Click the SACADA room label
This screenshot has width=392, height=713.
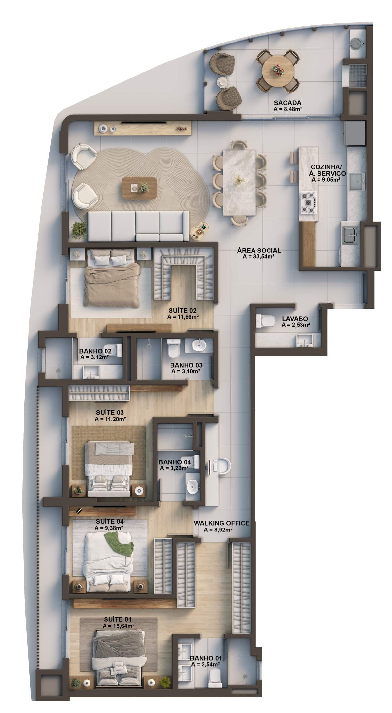287,102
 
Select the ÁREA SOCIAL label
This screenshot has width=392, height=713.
259,251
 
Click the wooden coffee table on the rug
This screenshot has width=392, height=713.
139,188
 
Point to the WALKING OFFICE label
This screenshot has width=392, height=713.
221,523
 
